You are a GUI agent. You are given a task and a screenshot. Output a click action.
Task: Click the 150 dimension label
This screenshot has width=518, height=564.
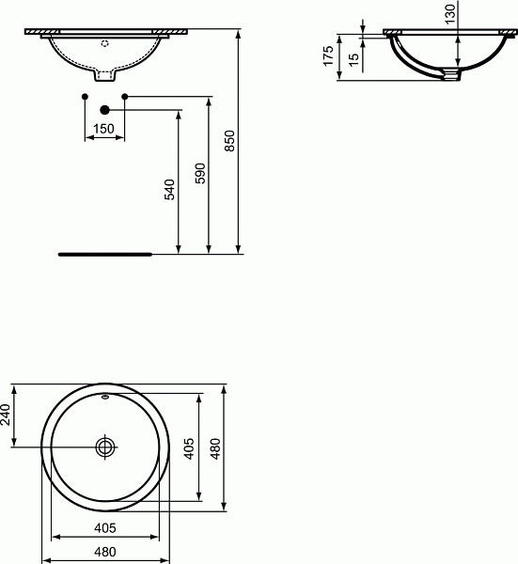pyautogui.click(x=103, y=128)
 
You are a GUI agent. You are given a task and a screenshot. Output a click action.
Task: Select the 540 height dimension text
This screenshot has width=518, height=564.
pyautogui.click(x=170, y=189)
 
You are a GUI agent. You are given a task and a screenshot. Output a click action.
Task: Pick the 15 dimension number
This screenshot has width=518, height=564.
pyautogui.click(x=353, y=57)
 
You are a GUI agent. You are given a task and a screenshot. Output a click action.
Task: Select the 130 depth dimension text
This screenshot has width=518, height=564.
pyautogui.click(x=450, y=16)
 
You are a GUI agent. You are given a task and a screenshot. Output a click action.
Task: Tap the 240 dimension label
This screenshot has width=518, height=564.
pyautogui.click(x=7, y=414)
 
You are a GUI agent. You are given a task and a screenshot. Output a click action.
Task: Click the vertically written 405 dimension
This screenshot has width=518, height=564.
pyautogui.click(x=190, y=448)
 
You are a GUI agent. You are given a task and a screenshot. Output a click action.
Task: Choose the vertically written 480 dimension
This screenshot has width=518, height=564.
pyautogui.click(x=215, y=448)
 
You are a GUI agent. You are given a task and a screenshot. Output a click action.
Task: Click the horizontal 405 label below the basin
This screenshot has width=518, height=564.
pyautogui.click(x=104, y=528)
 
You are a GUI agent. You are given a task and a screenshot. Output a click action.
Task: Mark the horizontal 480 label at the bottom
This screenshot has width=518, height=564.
pyautogui.click(x=104, y=553)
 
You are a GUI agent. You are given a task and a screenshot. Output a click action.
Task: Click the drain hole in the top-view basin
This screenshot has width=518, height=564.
pyautogui.click(x=105, y=446)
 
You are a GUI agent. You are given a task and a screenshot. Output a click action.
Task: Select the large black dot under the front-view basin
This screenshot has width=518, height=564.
pyautogui.click(x=104, y=110)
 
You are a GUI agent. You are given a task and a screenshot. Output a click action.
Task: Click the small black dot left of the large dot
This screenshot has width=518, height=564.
pyautogui.click(x=85, y=96)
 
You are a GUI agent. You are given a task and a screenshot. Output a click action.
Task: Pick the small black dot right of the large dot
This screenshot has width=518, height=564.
pyautogui.click(x=124, y=96)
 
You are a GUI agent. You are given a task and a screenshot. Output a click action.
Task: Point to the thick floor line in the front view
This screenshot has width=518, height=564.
pyautogui.click(x=104, y=254)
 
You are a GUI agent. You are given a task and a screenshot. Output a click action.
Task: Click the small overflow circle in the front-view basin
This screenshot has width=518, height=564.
pyautogui.click(x=104, y=43)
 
